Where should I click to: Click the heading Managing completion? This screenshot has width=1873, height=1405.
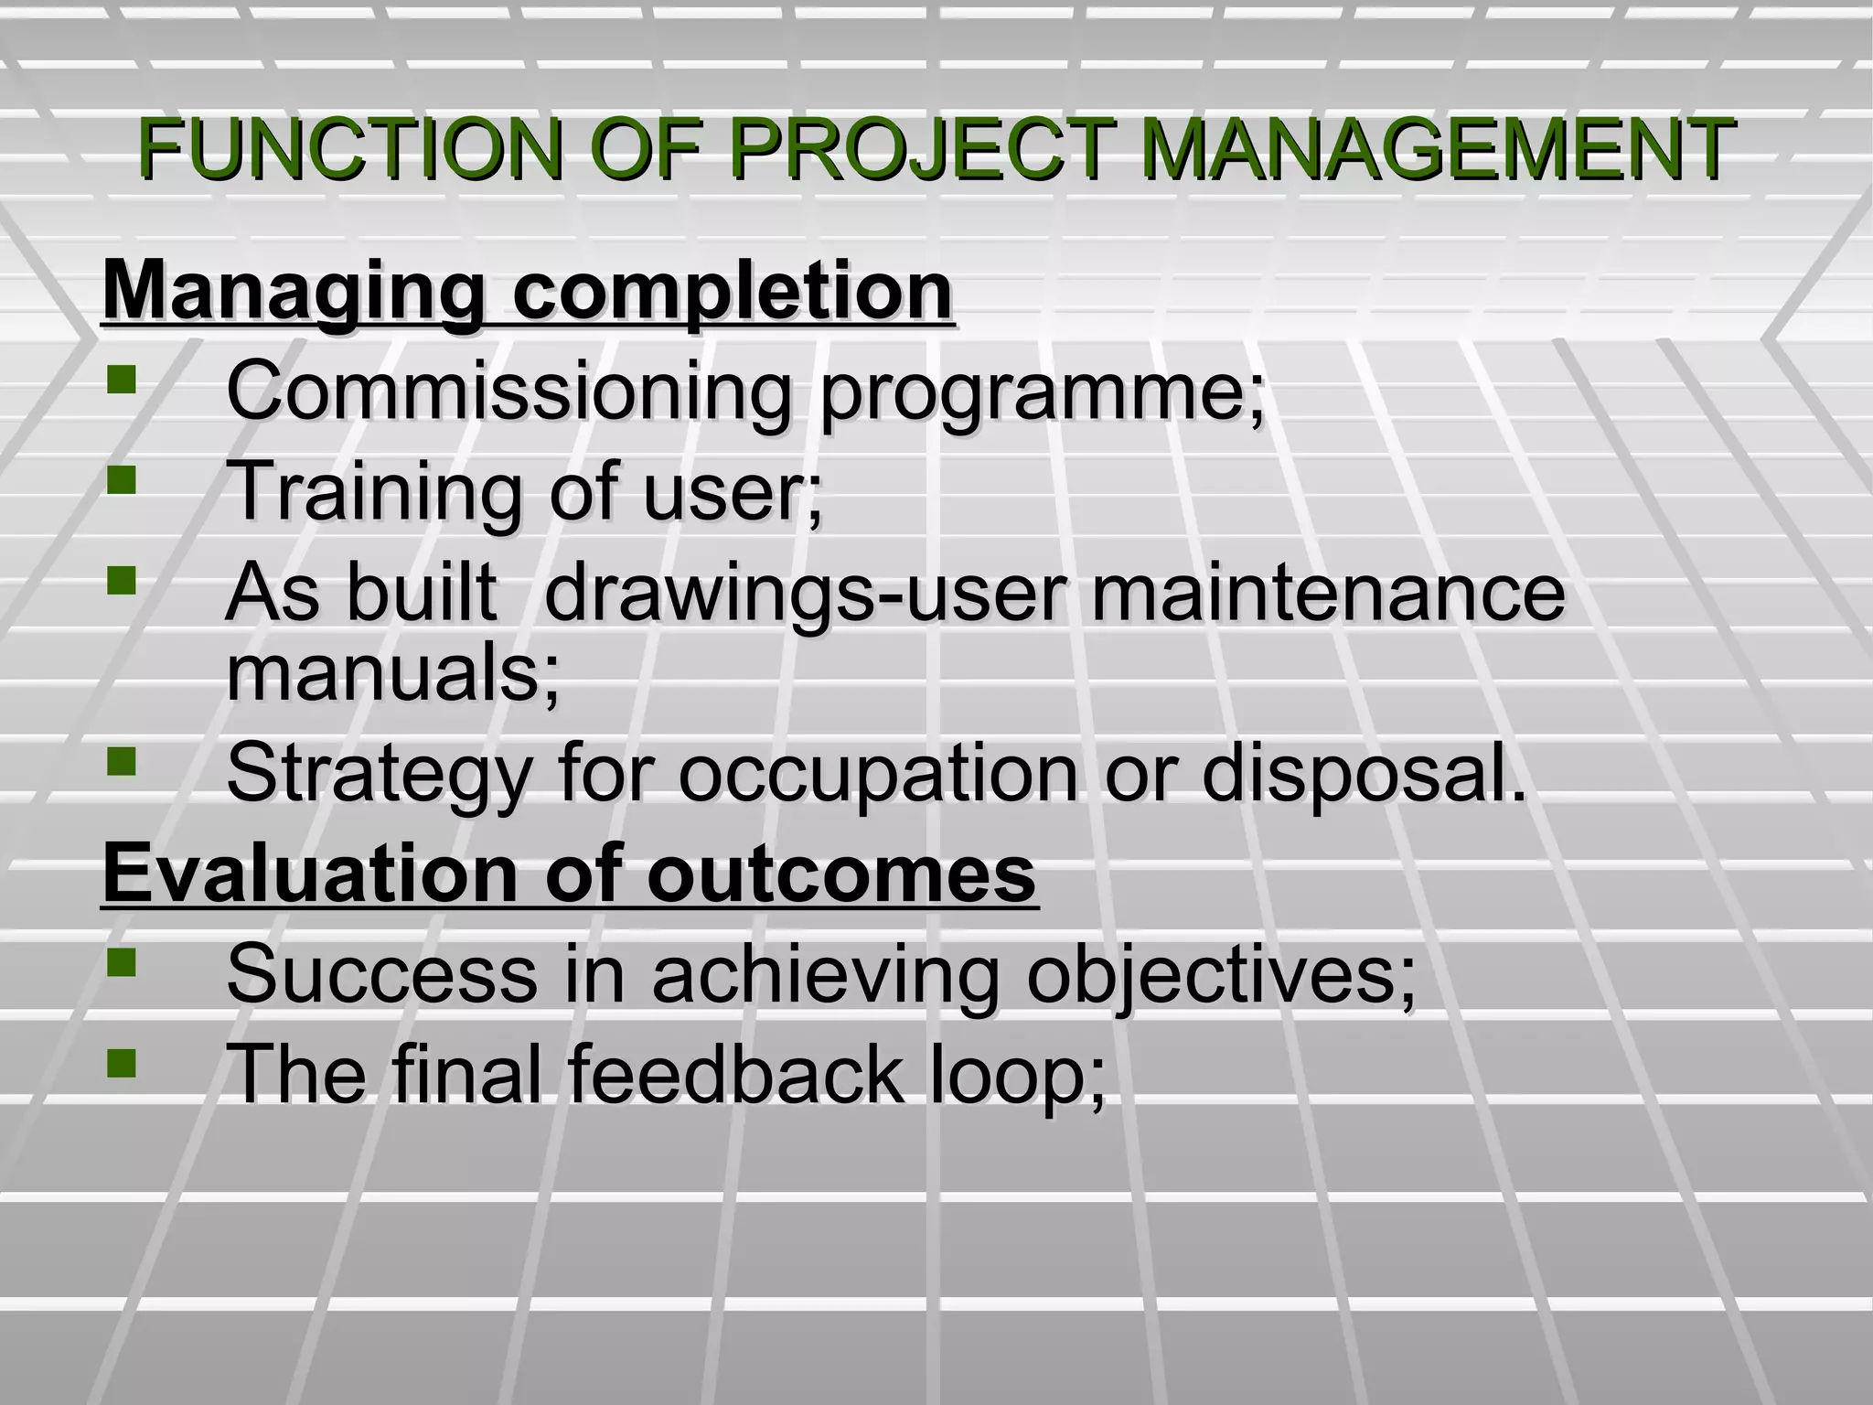(528, 293)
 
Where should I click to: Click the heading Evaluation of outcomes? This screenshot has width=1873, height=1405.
(569, 874)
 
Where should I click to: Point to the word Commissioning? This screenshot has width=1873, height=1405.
(507, 391)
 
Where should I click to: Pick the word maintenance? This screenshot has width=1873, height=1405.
(1328, 593)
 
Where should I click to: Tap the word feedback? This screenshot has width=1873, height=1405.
(734, 1074)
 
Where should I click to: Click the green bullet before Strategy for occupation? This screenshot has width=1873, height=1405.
(121, 761)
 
